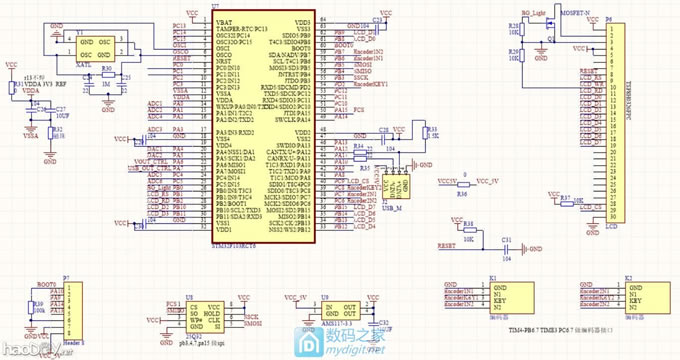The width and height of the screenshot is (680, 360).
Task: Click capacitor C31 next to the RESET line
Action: [506, 242]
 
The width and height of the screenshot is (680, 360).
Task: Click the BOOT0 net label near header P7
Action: [46, 284]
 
